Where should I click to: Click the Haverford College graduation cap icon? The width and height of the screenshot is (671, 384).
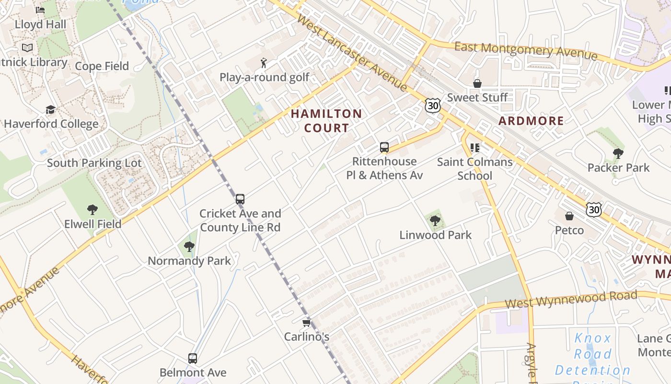(x=50, y=110)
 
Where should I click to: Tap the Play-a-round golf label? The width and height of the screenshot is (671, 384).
(x=264, y=77)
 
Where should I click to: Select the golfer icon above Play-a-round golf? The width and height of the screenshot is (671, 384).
(x=264, y=63)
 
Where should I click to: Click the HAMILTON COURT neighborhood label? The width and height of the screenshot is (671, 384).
(x=326, y=120)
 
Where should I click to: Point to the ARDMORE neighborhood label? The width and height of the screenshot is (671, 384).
(x=531, y=120)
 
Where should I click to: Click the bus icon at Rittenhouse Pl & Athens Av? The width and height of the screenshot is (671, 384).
(x=384, y=147)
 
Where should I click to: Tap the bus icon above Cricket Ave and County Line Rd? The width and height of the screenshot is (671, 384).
(x=240, y=199)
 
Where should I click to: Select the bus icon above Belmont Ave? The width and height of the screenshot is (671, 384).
(x=192, y=359)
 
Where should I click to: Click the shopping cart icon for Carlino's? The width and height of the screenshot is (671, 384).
(x=307, y=323)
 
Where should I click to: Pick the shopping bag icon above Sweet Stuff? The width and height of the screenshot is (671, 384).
(x=477, y=84)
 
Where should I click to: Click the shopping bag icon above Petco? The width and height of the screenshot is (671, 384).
(x=569, y=216)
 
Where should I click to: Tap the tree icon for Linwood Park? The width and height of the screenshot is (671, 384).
(x=435, y=221)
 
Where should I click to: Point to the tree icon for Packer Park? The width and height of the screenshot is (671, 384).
(x=618, y=154)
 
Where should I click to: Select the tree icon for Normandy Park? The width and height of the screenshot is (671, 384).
(x=189, y=247)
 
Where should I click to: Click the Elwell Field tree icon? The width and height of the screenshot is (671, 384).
(x=93, y=210)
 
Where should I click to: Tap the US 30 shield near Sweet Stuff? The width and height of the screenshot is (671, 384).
(x=432, y=106)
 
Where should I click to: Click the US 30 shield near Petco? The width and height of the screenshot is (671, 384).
(x=594, y=209)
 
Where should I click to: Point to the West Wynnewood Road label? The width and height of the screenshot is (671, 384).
(x=571, y=300)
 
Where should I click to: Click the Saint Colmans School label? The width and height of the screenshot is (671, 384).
(x=474, y=168)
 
